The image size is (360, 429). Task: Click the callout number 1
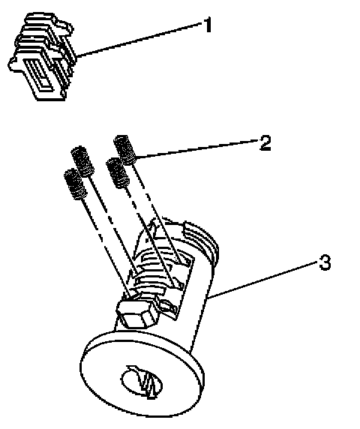[208, 25]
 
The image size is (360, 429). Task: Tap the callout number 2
[265, 142]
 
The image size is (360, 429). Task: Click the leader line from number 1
[139, 40]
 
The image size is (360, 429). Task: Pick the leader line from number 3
[263, 279]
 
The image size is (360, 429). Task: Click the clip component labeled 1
[41, 56]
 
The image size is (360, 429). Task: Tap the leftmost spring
[75, 184]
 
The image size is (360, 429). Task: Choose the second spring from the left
[82, 161]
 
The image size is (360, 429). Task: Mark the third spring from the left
[117, 173]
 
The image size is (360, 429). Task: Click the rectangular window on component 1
[39, 73]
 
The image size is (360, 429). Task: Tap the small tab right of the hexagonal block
[167, 307]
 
